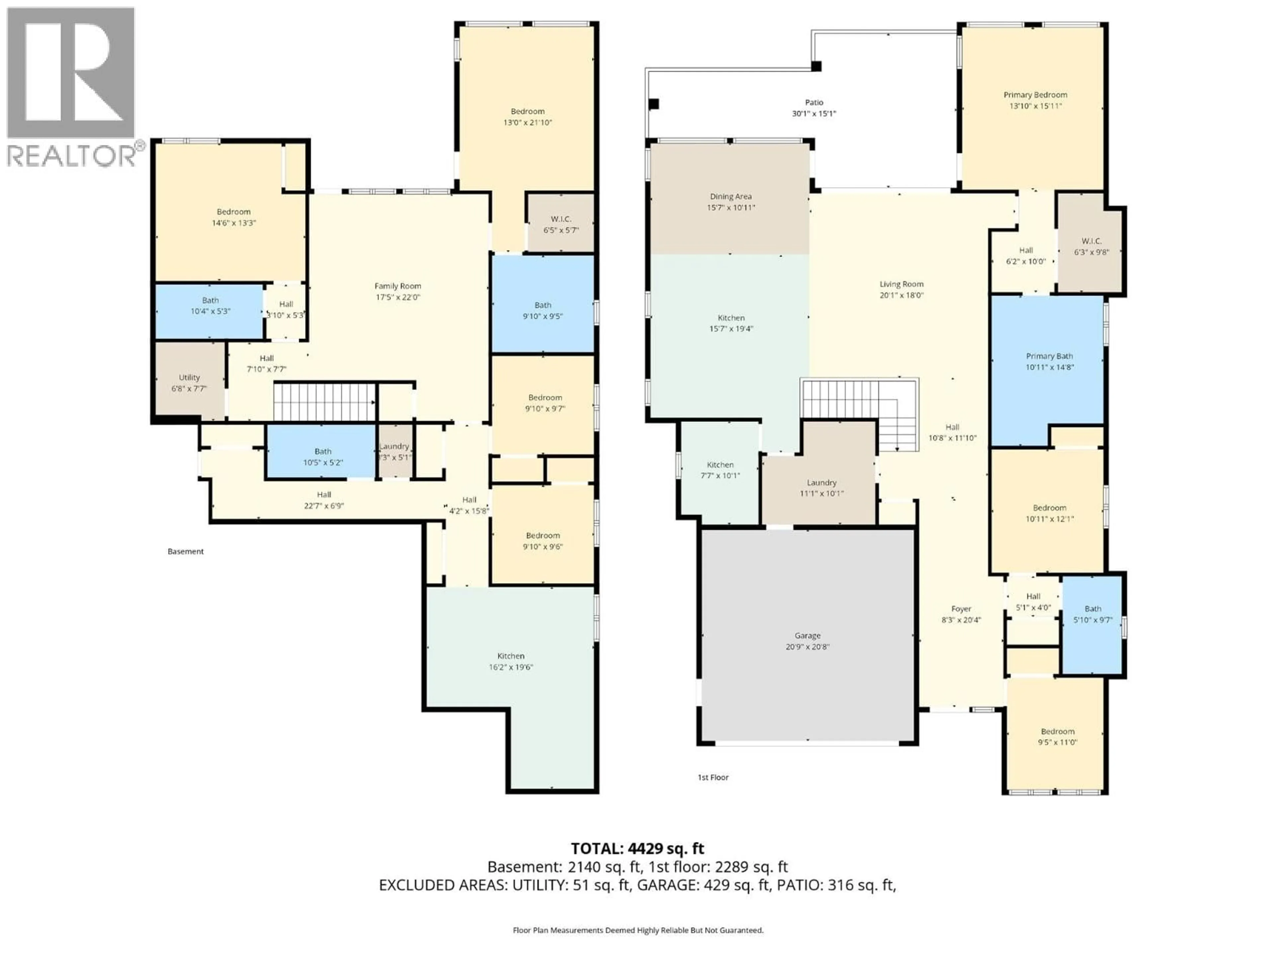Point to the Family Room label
[x=398, y=286]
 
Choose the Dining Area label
[x=730, y=197]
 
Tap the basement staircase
[x=324, y=402]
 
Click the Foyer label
[x=961, y=608]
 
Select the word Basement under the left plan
[x=186, y=551]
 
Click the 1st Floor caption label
[x=713, y=777]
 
